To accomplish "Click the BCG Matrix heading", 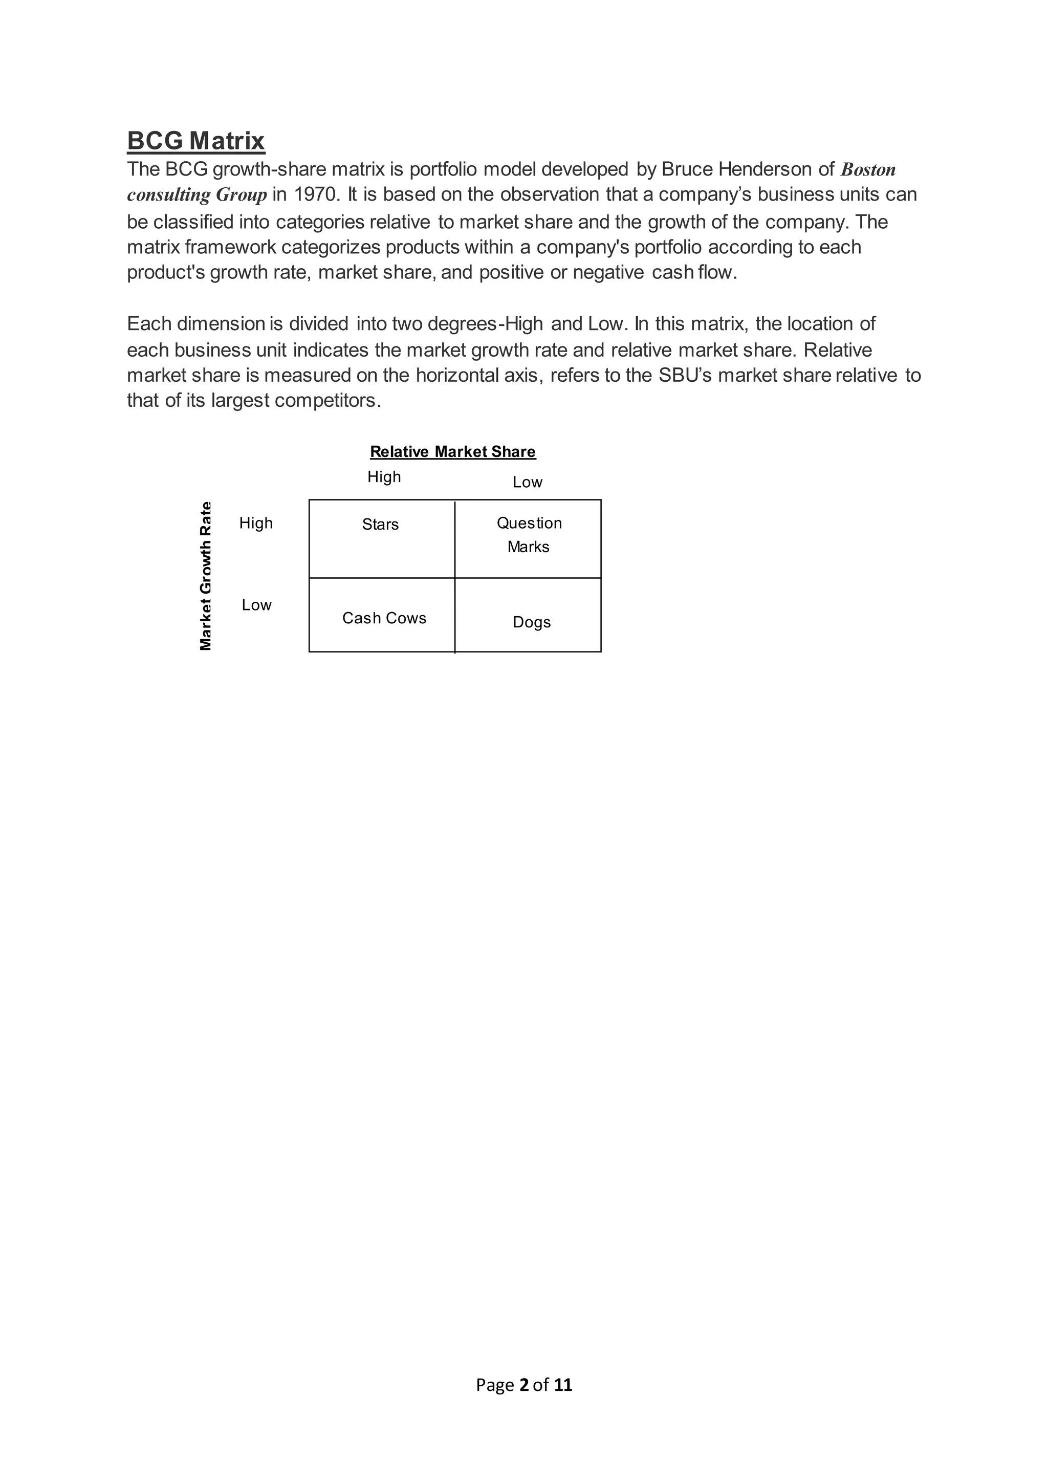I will (x=195, y=141).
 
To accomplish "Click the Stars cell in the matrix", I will (x=380, y=524).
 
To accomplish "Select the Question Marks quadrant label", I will (x=529, y=534).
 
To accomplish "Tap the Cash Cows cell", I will (x=384, y=618).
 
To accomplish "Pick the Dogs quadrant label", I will (x=532, y=622).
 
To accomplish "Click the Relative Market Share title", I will (x=452, y=452).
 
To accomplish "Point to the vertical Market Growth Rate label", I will (x=205, y=576).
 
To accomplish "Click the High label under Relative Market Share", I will (x=384, y=477).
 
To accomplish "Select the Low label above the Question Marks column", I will (x=527, y=482).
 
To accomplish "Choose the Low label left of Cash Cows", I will (x=256, y=605).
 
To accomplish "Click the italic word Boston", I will (x=868, y=170).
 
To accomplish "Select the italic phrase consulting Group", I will (x=197, y=195).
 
